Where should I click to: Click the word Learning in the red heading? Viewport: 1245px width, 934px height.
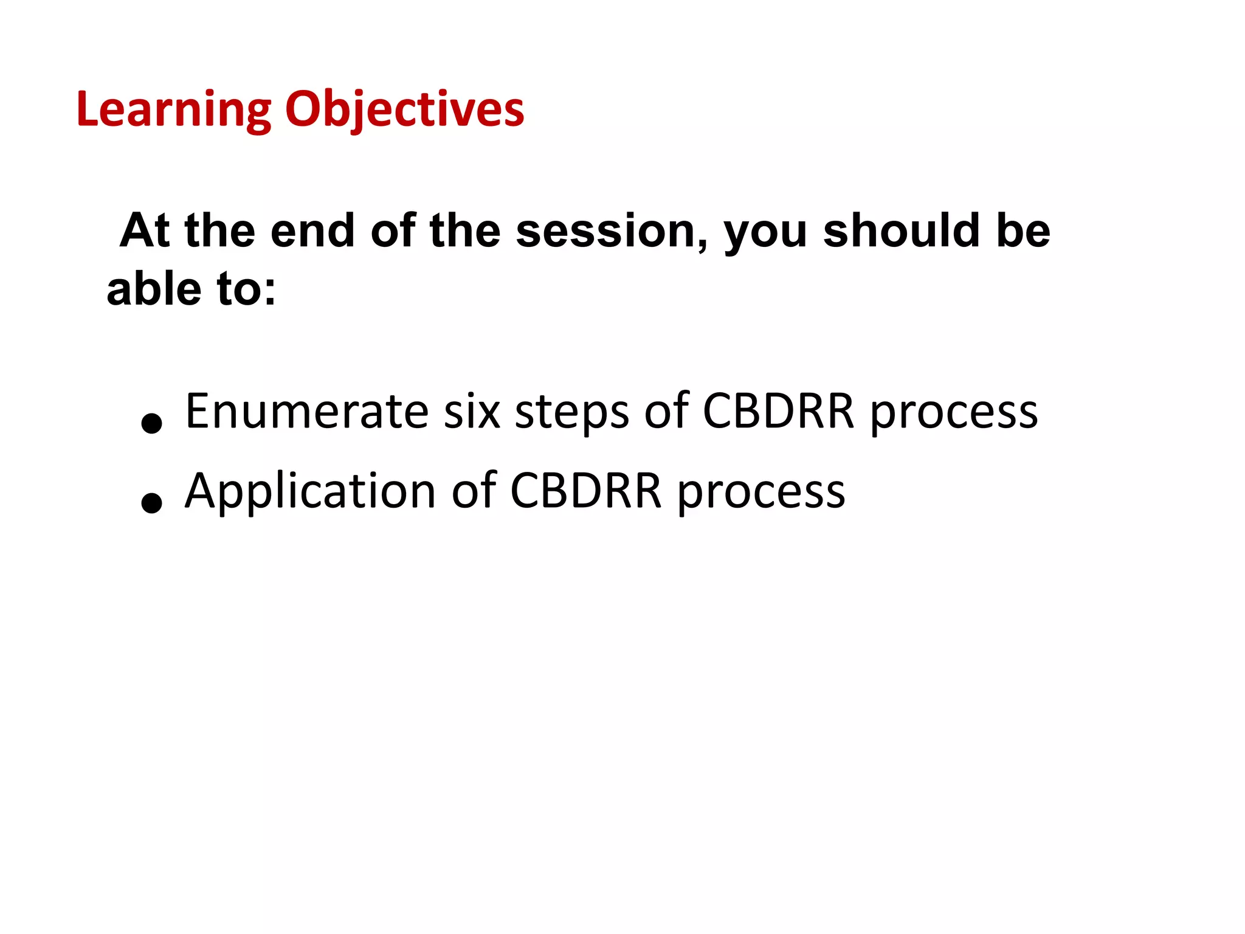pyautogui.click(x=173, y=110)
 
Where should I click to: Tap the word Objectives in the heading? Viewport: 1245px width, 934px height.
pyautogui.click(x=404, y=110)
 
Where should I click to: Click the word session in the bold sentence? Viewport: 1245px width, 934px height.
pyautogui.click(x=612, y=232)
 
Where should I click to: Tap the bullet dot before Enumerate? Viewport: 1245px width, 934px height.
pyautogui.click(x=151, y=423)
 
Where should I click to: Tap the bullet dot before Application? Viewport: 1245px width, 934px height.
pyautogui.click(x=151, y=502)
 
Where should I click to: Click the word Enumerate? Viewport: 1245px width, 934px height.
pyautogui.click(x=307, y=412)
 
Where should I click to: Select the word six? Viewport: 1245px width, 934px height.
pyautogui.click(x=472, y=412)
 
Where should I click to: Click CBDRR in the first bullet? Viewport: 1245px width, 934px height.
pyautogui.click(x=779, y=412)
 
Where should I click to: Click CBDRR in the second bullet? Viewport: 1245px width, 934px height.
pyautogui.click(x=586, y=491)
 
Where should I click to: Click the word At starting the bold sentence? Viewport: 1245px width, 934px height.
pyautogui.click(x=145, y=231)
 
